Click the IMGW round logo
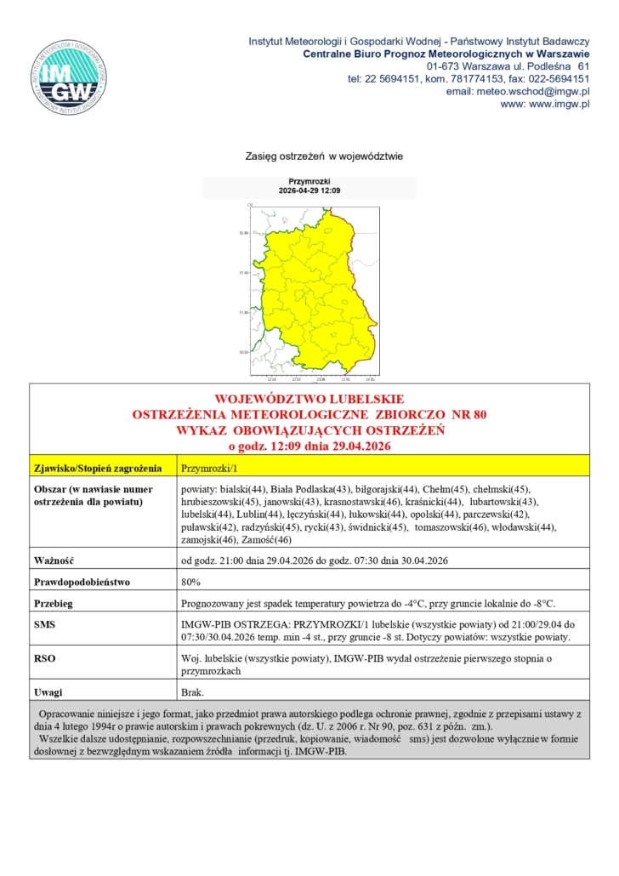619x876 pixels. pos(70,76)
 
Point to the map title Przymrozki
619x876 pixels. pos(309,182)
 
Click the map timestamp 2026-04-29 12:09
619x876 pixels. pos(309,191)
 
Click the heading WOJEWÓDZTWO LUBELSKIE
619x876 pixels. pos(309,399)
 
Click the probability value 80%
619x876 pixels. pos(191,583)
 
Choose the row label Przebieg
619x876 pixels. pos(54,604)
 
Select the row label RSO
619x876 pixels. pos(44,658)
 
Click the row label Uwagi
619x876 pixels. pos(48,692)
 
